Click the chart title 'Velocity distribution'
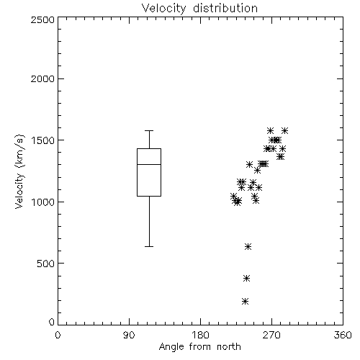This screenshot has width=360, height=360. pyautogui.click(x=199, y=9)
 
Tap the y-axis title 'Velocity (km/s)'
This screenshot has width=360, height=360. pyautogui.click(x=19, y=171)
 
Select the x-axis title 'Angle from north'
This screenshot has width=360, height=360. pyautogui.click(x=199, y=347)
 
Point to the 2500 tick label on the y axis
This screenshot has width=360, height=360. pyautogui.click(x=42, y=19)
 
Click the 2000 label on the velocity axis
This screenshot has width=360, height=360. pyautogui.click(x=42, y=78)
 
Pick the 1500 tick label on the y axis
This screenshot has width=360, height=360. pyautogui.click(x=43, y=140)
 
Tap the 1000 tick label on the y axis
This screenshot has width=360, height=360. pyautogui.click(x=43, y=202)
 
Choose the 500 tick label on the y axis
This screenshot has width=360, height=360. pyautogui.click(x=46, y=264)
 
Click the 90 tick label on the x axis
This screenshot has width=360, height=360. pyautogui.click(x=129, y=335)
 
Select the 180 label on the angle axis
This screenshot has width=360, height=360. pyautogui.click(x=200, y=335)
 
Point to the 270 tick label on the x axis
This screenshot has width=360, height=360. pyautogui.click(x=271, y=335)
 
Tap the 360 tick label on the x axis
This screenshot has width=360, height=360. pyautogui.click(x=343, y=335)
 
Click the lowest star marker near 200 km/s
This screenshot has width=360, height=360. pyautogui.click(x=245, y=302)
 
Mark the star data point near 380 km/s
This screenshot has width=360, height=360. pyautogui.click(x=246, y=279)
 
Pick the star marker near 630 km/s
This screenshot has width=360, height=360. pyautogui.click(x=248, y=246)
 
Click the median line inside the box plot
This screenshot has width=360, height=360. pyautogui.click(x=149, y=164)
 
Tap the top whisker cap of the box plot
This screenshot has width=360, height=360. pyautogui.click(x=149, y=131)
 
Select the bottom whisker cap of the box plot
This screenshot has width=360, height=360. pyautogui.click(x=149, y=246)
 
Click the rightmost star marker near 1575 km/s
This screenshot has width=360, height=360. pyautogui.click(x=284, y=131)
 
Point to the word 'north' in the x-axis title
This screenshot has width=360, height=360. pyautogui.click(x=229, y=347)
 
